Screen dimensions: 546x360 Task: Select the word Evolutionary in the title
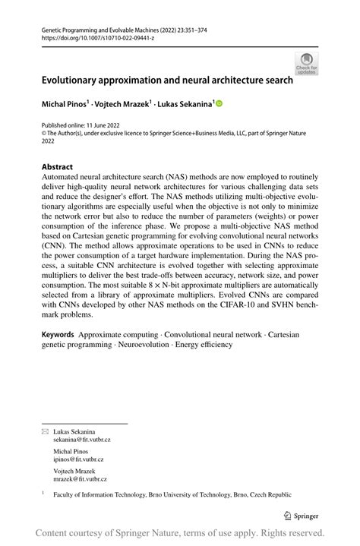74,78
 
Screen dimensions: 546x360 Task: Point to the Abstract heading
57,166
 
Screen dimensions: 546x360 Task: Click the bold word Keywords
57,333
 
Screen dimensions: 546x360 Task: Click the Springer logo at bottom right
302,515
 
